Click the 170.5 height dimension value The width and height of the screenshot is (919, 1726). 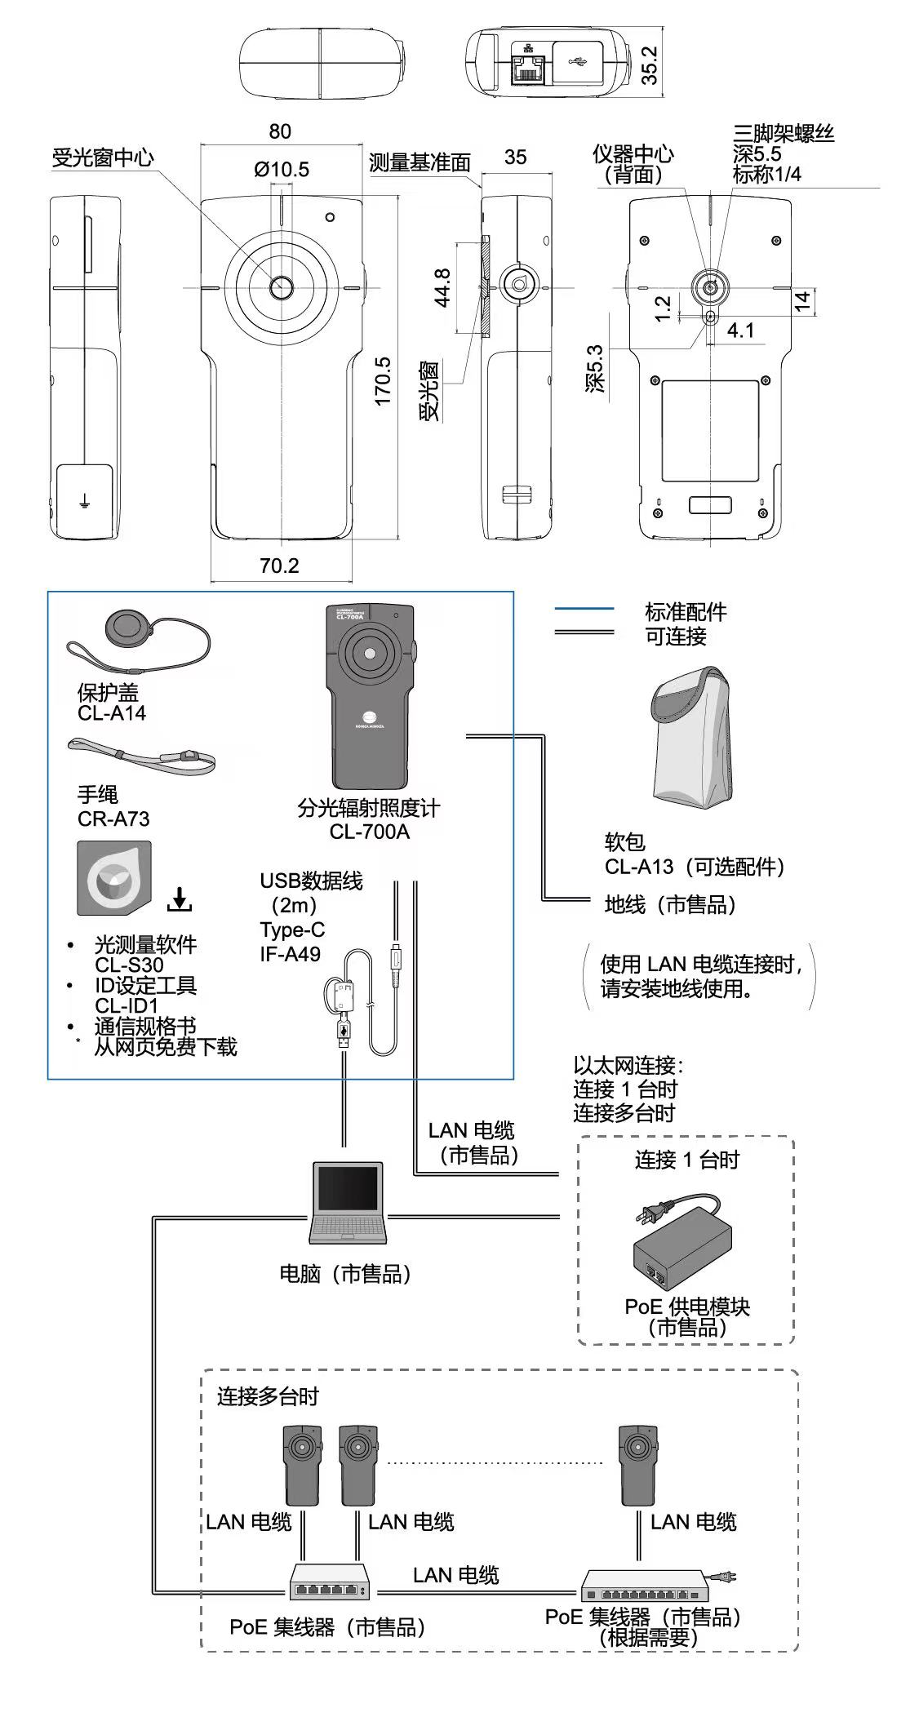pos(382,381)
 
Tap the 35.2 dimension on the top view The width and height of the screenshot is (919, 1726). pos(649,64)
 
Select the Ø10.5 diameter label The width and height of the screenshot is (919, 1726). pos(282,170)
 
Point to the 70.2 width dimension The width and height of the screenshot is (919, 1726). pos(279,566)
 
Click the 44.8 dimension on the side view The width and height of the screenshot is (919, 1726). pos(442,287)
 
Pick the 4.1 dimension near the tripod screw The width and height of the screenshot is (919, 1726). pos(740,331)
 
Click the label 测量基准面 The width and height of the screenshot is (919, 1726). pos(420,162)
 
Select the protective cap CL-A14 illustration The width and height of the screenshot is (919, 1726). pos(129,629)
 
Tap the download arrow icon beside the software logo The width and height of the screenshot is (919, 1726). pos(180,899)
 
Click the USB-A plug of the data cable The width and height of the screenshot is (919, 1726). pos(344,1035)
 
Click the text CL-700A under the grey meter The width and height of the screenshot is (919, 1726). pos(369,832)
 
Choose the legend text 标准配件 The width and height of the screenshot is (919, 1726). pos(685,612)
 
